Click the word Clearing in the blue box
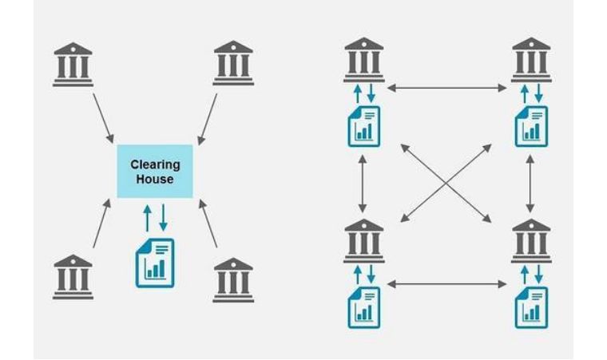[155, 165]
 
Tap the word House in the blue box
[155, 180]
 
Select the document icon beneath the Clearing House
[155, 263]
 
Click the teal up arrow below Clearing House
[147, 219]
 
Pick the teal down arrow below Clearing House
[164, 218]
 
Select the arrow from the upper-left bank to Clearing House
[103, 118]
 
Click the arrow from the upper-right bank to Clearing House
[208, 119]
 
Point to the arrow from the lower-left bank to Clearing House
[101, 224]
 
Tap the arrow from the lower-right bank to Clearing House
[208, 224]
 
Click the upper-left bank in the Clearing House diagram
[73, 65]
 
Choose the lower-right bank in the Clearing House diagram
[233, 280]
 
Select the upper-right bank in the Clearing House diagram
[233, 63]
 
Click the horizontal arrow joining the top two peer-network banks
[446, 89]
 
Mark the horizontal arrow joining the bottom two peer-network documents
[446, 284]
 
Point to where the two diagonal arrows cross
[446, 184]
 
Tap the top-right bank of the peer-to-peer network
[531, 60]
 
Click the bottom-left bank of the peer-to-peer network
[364, 241]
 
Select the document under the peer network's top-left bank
[364, 127]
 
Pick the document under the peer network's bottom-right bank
[531, 308]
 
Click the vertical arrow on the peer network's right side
[530, 184]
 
